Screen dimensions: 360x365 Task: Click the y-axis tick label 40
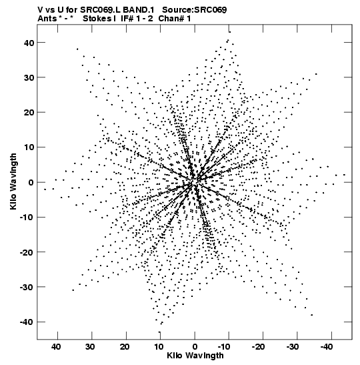29,43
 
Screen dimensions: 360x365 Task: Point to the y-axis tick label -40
27,322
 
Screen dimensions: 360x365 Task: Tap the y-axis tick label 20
29,113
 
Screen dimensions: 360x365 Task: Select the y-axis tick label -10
27,218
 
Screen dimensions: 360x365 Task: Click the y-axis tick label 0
31,183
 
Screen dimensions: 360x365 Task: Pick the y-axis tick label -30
27,287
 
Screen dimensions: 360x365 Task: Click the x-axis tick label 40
56,347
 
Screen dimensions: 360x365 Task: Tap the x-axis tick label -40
327,347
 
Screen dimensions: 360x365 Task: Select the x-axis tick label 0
195,347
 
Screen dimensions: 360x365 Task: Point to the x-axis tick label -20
258,347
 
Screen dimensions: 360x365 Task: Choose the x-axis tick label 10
159,347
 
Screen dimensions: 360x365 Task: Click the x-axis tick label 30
91,347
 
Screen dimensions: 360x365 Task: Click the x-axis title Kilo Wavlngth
195,356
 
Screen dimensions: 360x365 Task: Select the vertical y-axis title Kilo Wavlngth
13,181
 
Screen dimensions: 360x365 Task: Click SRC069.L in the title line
101,10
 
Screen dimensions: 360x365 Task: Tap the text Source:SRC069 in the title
194,10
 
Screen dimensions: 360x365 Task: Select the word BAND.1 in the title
139,10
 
